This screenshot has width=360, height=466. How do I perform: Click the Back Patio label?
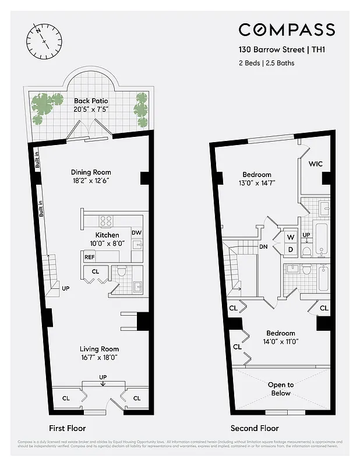click(91, 101)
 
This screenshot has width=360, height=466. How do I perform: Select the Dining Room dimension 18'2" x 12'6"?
click(91, 181)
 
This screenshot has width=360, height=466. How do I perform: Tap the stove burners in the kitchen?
click(106, 221)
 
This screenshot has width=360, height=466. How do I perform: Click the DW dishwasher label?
click(136, 233)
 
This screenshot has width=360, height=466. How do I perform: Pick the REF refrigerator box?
click(90, 257)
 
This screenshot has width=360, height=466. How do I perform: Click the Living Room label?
click(99, 349)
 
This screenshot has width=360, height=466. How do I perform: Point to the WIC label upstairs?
click(316, 164)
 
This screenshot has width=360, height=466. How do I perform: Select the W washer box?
click(290, 237)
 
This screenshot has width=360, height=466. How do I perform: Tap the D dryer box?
click(290, 249)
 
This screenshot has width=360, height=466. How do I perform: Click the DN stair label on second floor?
click(263, 246)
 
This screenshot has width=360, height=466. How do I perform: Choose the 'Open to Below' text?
click(281, 389)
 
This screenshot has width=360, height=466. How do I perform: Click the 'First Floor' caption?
click(68, 428)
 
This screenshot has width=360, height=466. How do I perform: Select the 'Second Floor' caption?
click(255, 428)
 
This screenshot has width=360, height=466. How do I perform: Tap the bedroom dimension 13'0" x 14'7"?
click(257, 183)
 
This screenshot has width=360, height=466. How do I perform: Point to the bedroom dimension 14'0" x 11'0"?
click(281, 342)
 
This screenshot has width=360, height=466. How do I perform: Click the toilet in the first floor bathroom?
click(122, 271)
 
